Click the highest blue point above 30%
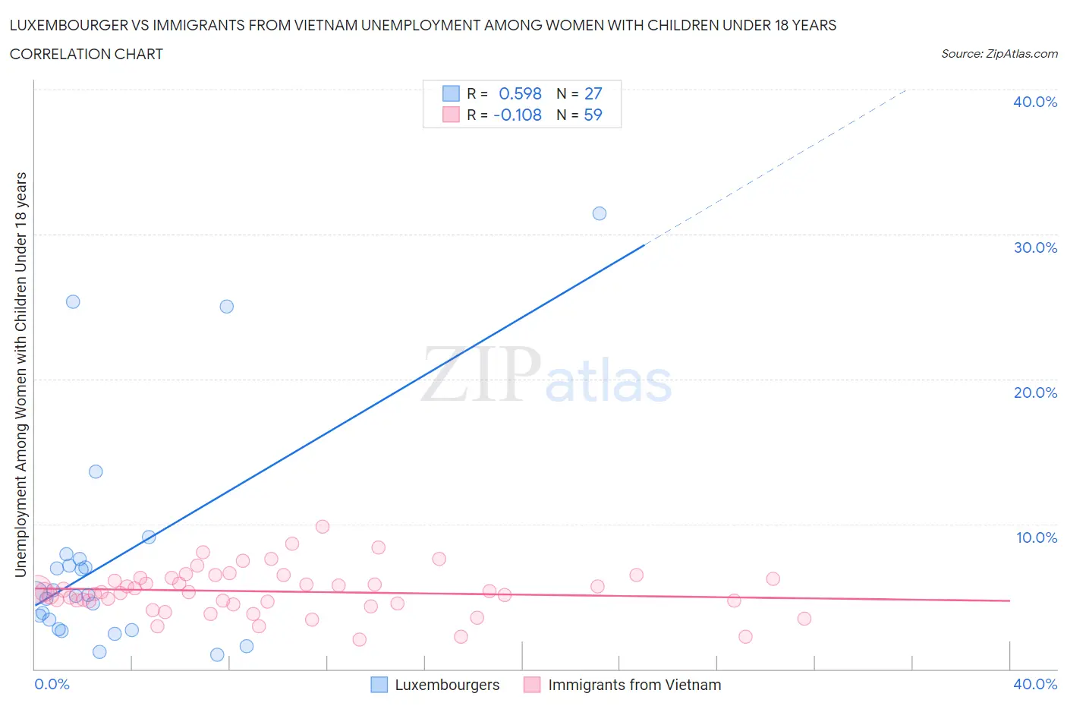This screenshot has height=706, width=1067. [x=600, y=213]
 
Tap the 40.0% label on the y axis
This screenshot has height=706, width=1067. [x=1035, y=102]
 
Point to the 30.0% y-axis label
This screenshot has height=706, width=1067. [x=1035, y=247]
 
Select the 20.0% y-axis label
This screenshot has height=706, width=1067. [x=1035, y=392]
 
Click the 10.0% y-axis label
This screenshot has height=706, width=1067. [x=1037, y=537]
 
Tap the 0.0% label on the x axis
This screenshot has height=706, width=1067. [x=52, y=684]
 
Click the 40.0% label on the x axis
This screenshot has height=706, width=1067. [x=1035, y=684]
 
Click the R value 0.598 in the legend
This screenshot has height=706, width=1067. [x=520, y=93]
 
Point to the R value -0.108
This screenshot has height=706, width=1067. [x=518, y=115]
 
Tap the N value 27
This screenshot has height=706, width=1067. [x=593, y=93]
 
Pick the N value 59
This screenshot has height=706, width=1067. [x=593, y=115]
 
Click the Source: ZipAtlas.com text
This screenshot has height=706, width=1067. [x=999, y=54]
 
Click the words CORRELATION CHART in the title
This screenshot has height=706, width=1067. [x=87, y=54]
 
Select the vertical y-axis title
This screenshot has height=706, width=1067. [x=20, y=374]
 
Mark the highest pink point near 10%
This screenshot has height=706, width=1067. [x=323, y=527]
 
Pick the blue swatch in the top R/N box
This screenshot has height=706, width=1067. [x=451, y=93]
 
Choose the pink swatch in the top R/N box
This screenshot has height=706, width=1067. [x=451, y=115]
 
